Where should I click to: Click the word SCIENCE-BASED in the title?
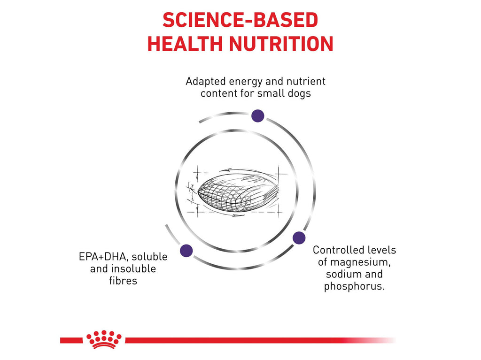[240, 20]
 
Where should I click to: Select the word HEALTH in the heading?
[185, 44]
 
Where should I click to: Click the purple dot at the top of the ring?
[258, 116]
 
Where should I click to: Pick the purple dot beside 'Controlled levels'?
[299, 238]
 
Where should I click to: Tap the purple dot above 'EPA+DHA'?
[186, 251]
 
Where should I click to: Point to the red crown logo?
[104, 339]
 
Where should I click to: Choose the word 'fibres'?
[123, 281]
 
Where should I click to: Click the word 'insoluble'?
[133, 269]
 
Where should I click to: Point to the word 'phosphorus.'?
[354, 286]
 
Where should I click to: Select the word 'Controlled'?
[338, 250]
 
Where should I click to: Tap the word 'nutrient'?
[306, 82]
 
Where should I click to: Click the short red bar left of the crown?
[71, 340]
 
